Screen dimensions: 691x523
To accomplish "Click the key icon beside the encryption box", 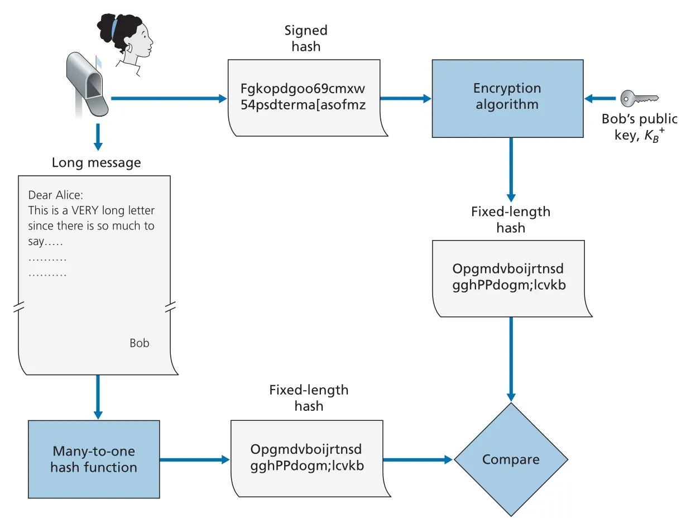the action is pos(639,98).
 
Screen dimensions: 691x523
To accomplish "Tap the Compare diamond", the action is pos(511,459).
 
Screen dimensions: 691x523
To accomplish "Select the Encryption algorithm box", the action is pos(507,98).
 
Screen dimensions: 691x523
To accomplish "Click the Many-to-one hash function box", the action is pos(94,459).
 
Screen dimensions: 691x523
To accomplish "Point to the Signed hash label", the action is pos(306,39).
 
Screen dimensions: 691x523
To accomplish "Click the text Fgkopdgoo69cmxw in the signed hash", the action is pos(303,88).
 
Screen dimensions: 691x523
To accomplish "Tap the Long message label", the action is pos(97,162).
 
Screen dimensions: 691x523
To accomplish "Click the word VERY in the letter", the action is pos(85,210).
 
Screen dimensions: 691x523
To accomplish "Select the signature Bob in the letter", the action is pos(140,343).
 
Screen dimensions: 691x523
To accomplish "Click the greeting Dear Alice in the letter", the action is pos(55,195).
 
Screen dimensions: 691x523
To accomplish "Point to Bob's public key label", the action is pos(639,127).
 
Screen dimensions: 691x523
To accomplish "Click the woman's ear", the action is pos(129,47).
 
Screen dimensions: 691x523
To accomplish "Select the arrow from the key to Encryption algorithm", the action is pos(600,98).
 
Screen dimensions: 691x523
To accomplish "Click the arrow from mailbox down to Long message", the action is pos(98,137).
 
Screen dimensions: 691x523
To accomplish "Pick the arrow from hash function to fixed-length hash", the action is pos(195,459).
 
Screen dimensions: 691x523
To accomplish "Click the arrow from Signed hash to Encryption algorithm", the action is pos(405,98).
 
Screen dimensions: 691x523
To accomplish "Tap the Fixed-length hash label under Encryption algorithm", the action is pos(511,220).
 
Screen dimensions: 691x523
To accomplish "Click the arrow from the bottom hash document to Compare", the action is pos(418,459).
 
